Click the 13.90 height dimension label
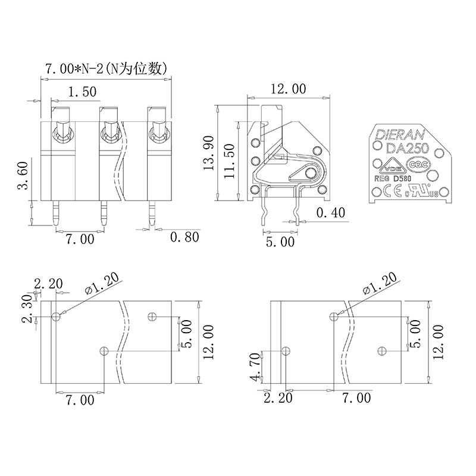[209, 153]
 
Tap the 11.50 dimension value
[230, 161]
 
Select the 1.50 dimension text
[82, 92]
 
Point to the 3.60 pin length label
[23, 176]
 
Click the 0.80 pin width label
[184, 237]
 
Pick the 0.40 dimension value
[331, 213]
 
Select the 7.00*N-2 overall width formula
[107, 68]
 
